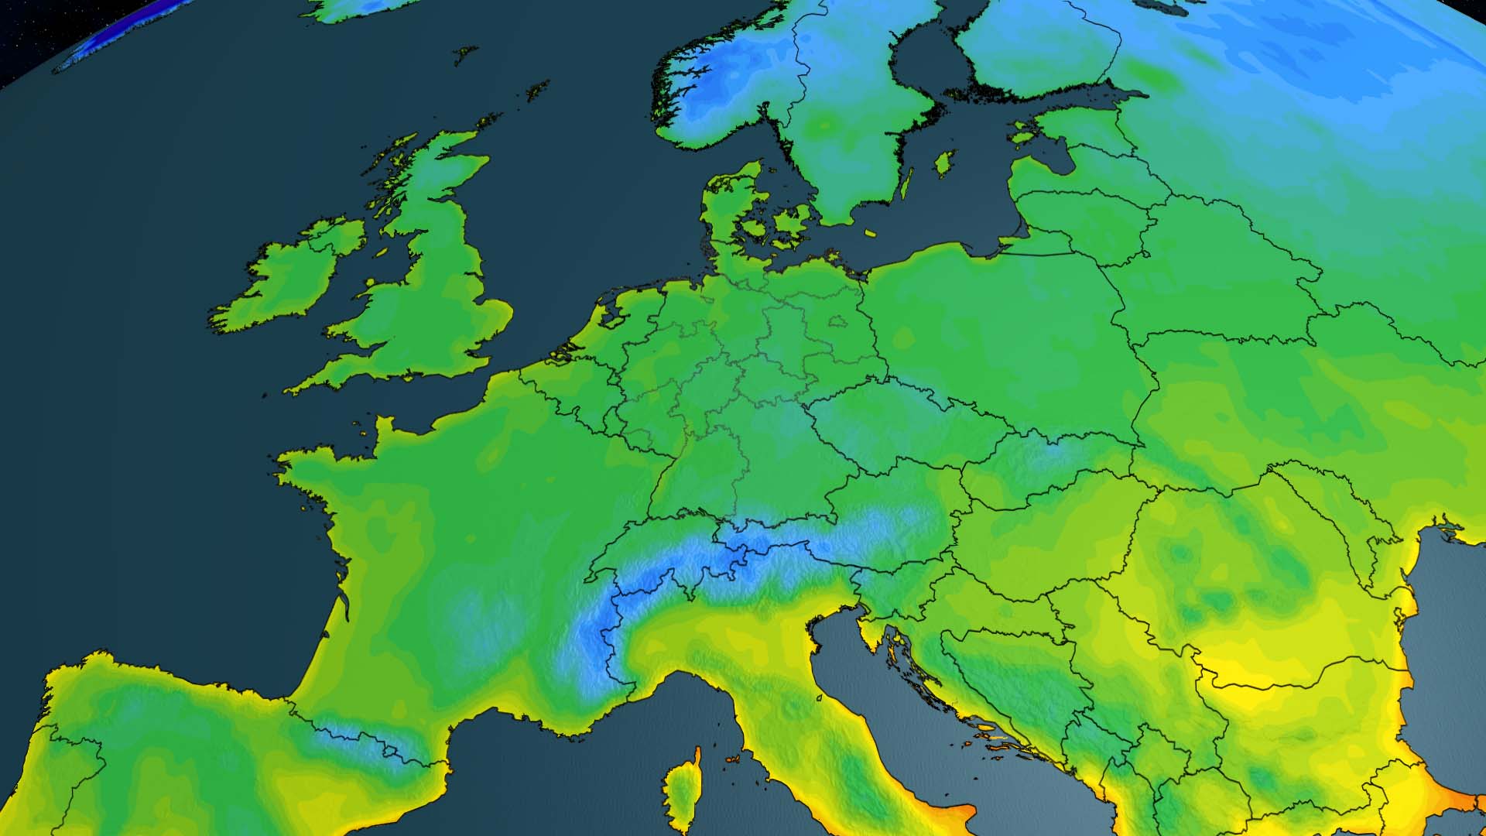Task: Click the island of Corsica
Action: pyautogui.click(x=682, y=790)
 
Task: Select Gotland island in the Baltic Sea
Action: pyautogui.click(x=943, y=163)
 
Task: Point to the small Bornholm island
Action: pyautogui.click(x=870, y=232)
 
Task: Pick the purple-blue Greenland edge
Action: pyautogui.click(x=116, y=31)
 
